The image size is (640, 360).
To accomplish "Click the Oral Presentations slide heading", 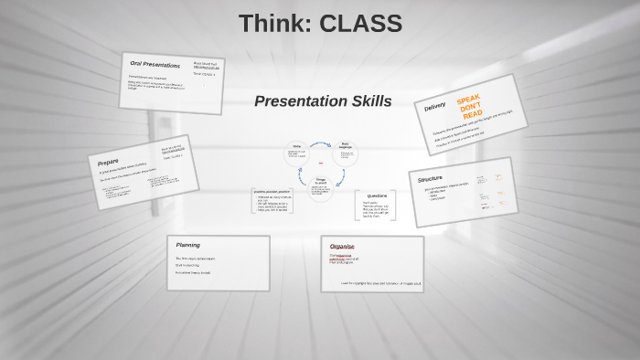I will coord(155,65).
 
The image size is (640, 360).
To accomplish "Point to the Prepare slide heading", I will coord(108,162).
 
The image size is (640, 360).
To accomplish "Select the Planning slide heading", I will coord(187,245).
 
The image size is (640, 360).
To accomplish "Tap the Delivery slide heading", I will coord(435,107).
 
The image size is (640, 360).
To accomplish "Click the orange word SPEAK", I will coord(468,99).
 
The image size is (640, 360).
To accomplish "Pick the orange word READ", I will coord(473,115).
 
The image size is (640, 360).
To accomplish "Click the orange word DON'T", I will coord(470,107).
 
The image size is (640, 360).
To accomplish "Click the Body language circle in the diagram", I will coord(345,151).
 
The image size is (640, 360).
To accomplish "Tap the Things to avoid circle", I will coord(321,186).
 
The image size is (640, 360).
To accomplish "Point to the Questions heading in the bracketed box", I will coord(376,196).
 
